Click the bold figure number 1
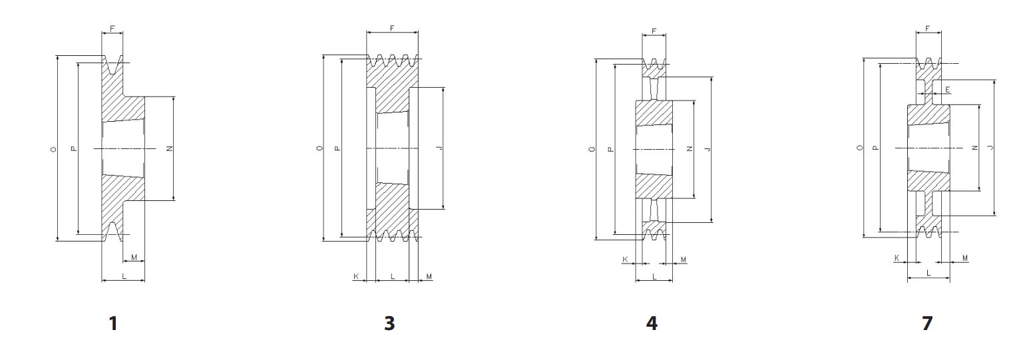[x=113, y=323]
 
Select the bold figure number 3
[x=389, y=323]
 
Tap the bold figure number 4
[x=652, y=323]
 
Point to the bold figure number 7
[x=927, y=323]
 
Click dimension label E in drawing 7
[x=948, y=89]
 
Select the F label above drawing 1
[x=112, y=29]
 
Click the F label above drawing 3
[x=392, y=29]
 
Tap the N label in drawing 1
[x=169, y=148]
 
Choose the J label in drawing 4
[x=707, y=149]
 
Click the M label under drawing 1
[x=134, y=257]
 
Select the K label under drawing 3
[x=357, y=275]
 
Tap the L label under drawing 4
[x=654, y=275]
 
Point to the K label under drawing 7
[x=897, y=258]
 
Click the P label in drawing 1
[x=73, y=148]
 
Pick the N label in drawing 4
[x=690, y=149]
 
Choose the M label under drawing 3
[x=429, y=275]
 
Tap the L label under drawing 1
[x=123, y=275]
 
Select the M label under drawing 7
[x=965, y=258]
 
